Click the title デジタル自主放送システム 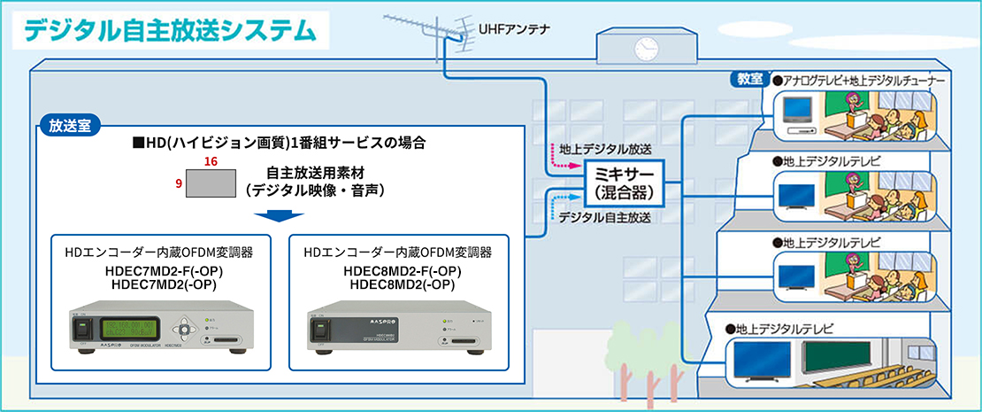click(169, 28)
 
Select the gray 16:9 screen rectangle click(211, 183)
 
